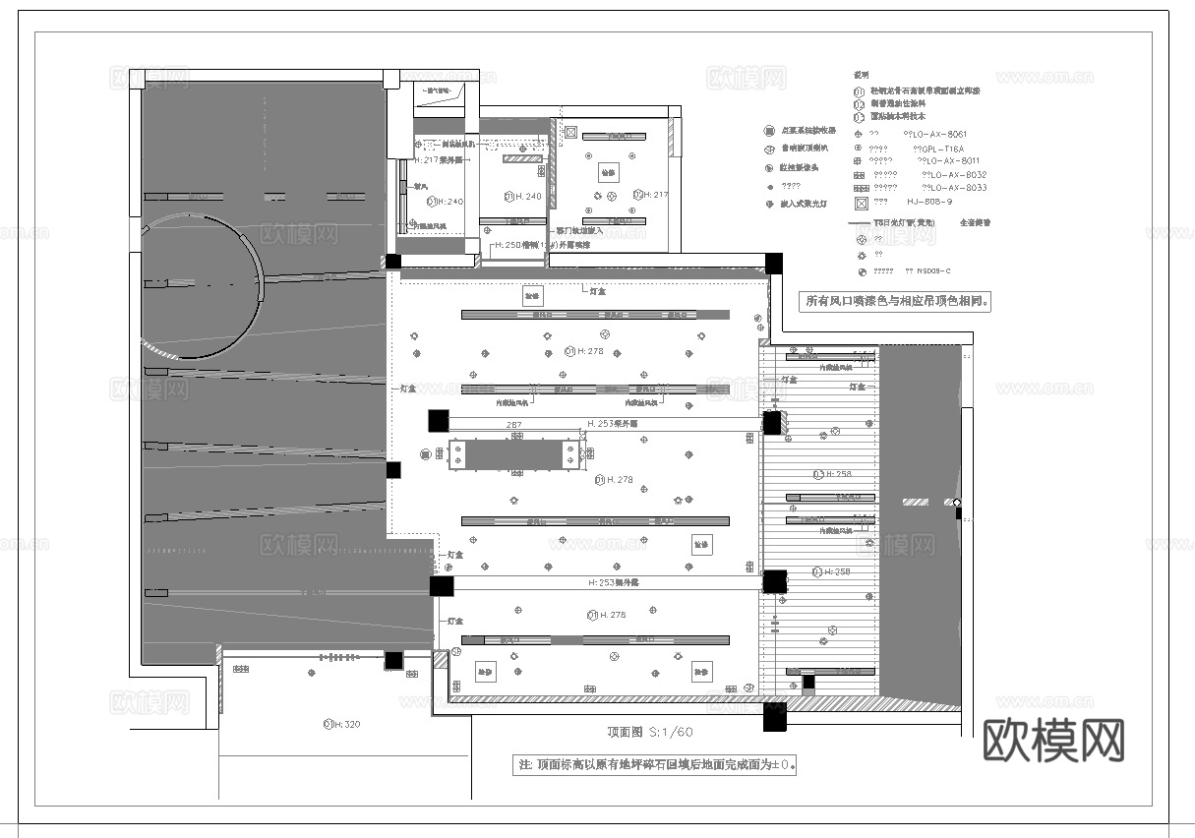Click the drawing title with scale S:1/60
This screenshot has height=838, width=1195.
pyautogui.click(x=650, y=733)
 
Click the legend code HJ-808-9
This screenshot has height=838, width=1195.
pyautogui.click(x=929, y=202)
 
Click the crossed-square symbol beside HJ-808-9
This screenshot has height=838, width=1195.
pyautogui.click(x=862, y=203)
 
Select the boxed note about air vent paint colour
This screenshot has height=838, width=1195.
pyautogui.click(x=896, y=302)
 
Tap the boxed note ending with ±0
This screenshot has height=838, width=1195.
pyautogui.click(x=655, y=764)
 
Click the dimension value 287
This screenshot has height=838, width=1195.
pyautogui.click(x=513, y=425)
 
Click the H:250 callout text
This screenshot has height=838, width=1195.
pyautogui.click(x=542, y=245)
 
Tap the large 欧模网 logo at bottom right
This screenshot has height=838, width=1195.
pyautogui.click(x=1053, y=739)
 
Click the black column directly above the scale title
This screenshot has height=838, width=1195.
pyautogui.click(x=774, y=716)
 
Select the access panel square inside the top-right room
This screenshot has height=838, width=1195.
pyautogui.click(x=608, y=171)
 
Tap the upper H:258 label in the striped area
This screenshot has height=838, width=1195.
pyautogui.click(x=832, y=474)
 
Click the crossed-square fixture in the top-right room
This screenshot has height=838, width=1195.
pyautogui.click(x=571, y=132)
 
